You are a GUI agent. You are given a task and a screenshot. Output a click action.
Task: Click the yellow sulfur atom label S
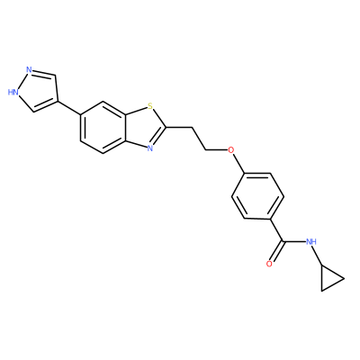150,106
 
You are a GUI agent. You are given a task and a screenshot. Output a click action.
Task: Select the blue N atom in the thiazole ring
150,148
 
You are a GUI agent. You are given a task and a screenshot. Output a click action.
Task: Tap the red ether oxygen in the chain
230,149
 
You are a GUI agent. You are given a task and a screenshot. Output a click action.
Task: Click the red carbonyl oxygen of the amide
269,264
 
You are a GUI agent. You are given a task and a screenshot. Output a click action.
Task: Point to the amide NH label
311,241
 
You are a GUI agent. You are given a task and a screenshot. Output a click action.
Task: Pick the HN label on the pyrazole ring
13,92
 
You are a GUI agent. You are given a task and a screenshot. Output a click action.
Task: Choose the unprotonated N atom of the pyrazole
29,70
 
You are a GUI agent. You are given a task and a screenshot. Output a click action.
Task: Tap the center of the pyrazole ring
38,91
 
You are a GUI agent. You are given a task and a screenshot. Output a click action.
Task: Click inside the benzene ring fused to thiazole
103,127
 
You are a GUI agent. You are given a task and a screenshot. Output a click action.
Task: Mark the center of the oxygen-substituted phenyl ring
257,196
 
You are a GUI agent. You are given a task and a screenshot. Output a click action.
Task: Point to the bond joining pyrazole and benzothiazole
68,108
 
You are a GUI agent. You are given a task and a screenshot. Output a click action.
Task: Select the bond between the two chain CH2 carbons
198,139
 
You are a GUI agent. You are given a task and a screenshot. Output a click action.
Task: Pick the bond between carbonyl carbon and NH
294,241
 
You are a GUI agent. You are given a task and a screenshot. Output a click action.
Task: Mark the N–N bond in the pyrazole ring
22,80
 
